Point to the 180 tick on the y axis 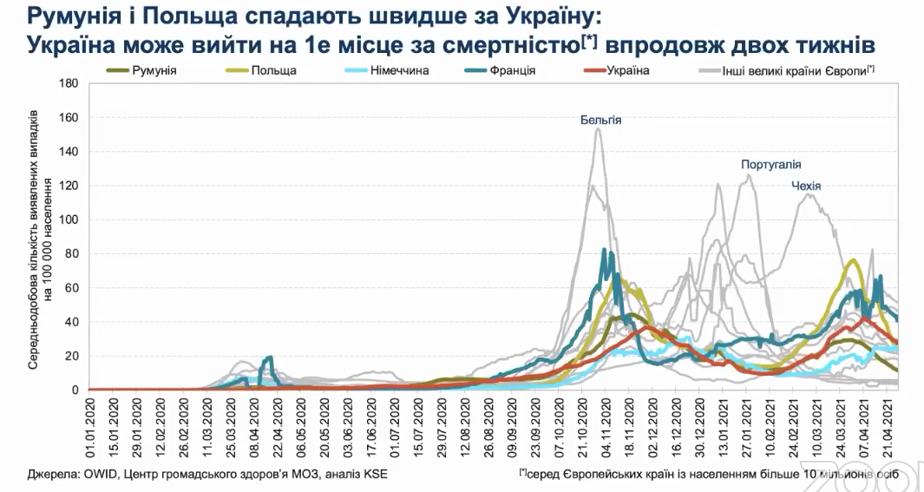coord(69,83)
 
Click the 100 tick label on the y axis coord(69,220)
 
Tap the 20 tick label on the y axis coord(73,356)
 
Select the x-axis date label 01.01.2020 coord(90,425)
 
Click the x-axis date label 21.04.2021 coord(888,425)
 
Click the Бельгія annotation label coord(601,120)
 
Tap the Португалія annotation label coord(770,164)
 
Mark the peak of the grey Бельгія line coord(599,128)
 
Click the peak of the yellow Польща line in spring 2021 coord(854,259)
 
